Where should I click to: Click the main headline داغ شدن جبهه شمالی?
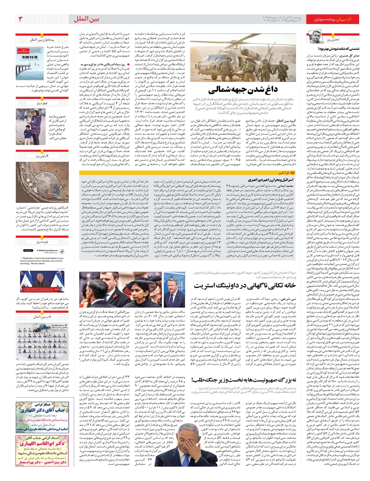243,90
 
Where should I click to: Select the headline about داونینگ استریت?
245,285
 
